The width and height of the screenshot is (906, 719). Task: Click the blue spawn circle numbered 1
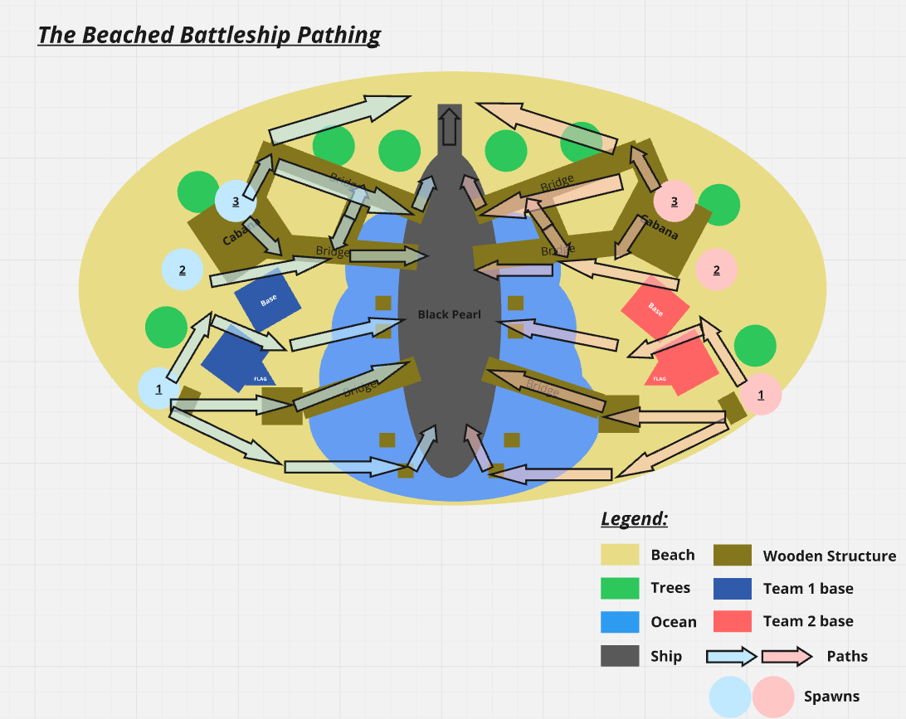158,388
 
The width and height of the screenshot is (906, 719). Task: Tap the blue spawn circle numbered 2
183,270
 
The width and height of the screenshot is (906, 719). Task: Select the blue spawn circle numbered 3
236,201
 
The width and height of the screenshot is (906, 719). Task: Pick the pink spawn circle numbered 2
717,269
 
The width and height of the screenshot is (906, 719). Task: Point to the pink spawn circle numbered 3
674,201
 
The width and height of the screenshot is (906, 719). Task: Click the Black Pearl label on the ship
449,314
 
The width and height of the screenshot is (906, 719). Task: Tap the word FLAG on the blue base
261,379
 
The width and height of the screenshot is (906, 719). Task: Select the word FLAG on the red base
660,379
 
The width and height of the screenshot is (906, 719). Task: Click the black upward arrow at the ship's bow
449,126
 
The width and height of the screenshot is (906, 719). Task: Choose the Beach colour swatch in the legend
620,555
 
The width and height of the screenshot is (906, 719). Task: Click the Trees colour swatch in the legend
620,588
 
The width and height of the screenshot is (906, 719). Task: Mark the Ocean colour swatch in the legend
620,622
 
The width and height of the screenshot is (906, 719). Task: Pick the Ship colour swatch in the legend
620,656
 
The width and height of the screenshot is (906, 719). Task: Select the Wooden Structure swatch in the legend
733,555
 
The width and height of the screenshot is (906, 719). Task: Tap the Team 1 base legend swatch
733,588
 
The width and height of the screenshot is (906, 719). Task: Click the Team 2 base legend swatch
733,621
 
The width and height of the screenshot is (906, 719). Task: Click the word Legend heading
634,519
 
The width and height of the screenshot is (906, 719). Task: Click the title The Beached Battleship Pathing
209,35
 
